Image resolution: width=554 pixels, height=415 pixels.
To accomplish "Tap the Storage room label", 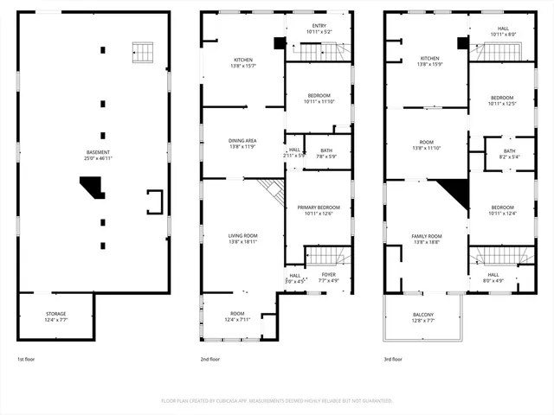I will point(55,316).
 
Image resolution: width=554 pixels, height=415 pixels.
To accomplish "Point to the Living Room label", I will point(243,238).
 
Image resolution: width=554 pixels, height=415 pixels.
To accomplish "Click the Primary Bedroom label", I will point(319,210).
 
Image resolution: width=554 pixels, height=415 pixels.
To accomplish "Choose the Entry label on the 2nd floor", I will point(319,29).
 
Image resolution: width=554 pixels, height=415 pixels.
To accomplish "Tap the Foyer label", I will point(329,278).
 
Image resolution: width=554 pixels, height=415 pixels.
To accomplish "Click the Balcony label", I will point(423,317).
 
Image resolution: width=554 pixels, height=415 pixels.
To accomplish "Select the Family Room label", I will point(426,239).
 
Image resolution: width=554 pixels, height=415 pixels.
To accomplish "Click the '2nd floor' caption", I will point(210,359).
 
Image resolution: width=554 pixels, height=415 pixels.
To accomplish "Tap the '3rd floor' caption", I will point(394,359).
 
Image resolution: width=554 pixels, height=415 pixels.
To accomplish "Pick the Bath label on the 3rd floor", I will point(509,154).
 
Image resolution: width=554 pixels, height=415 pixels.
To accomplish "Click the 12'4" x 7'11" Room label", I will point(237,316).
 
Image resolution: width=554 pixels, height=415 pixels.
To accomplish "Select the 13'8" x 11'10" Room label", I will point(426,145).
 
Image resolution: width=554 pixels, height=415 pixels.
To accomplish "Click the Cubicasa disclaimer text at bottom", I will point(277,400).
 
